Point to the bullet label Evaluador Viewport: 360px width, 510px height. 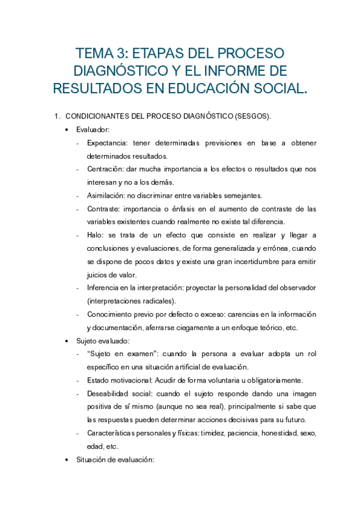[x=93, y=129]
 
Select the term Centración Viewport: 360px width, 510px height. [x=106, y=170]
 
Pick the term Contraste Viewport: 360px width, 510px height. [x=103, y=209]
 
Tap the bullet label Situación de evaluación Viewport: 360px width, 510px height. [x=115, y=459]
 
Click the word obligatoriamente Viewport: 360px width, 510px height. [x=274, y=380]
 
